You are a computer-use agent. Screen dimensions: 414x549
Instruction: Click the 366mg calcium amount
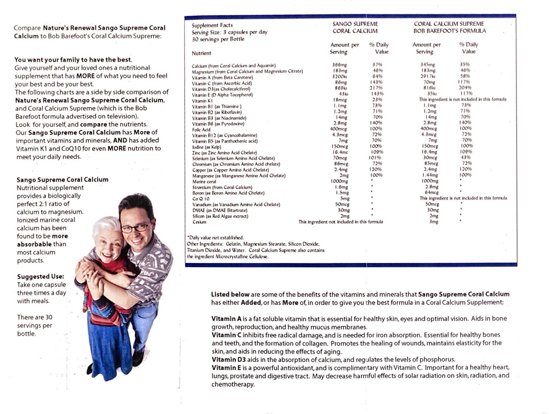coord(339,65)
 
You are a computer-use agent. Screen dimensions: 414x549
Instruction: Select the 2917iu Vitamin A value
coord(428,76)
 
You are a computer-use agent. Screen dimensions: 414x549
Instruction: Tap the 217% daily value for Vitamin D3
coord(376,88)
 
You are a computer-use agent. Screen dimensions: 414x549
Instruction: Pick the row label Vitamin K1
coord(202,101)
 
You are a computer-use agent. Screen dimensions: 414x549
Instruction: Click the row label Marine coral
coord(204,182)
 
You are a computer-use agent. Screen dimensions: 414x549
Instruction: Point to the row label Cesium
coord(199,222)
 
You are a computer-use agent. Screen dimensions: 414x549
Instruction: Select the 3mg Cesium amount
coord(434,222)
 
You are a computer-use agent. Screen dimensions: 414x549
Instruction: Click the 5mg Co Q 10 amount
coord(345,199)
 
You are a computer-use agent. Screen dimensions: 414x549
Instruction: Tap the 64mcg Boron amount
coord(431,192)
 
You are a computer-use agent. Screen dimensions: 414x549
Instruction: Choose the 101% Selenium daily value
coord(375,158)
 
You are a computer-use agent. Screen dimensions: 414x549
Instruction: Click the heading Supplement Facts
coord(212,25)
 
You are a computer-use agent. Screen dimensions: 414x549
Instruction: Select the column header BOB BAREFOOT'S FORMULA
coord(449,31)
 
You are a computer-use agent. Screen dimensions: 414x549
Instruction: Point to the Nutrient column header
coord(201,53)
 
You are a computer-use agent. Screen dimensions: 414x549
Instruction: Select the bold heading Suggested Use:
coord(40,276)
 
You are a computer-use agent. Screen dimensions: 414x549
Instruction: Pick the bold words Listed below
coord(230,294)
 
